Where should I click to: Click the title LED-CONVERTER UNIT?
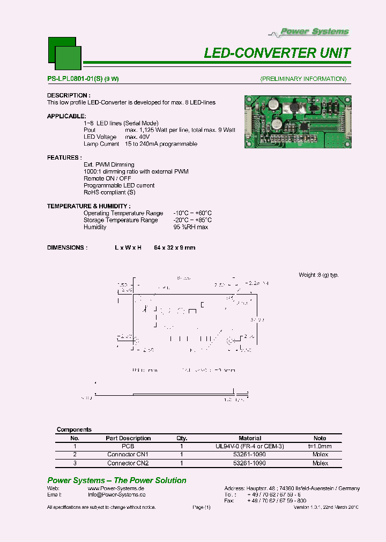277,53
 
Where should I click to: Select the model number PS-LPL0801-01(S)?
75,79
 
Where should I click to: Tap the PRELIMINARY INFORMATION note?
303,79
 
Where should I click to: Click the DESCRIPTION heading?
68,95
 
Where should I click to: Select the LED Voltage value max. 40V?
138,137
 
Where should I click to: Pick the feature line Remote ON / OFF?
107,178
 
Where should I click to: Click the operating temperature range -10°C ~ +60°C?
192,213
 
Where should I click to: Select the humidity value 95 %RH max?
190,227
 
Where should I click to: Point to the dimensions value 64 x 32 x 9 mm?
174,248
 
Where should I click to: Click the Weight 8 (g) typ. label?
318,275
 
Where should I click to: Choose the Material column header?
250,438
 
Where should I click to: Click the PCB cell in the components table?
128,446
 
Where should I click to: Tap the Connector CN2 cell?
128,463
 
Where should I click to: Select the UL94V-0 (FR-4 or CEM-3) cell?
250,446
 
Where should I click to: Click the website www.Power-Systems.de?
116,488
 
